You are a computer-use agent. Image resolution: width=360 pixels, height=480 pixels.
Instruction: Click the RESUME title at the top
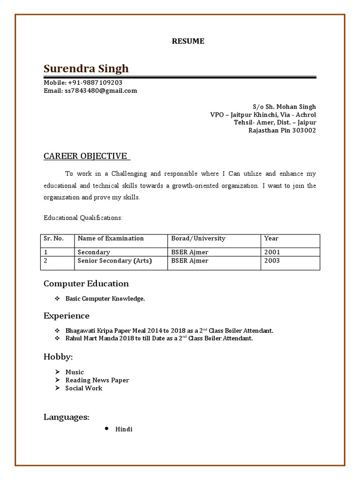(188, 41)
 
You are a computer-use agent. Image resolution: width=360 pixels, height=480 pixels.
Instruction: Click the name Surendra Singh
(86, 69)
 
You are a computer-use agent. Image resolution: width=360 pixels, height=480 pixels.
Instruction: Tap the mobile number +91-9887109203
(95, 82)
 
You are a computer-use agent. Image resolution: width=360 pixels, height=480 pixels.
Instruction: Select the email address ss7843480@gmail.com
(101, 90)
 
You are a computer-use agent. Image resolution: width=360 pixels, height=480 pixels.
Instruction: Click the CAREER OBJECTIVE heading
(86, 156)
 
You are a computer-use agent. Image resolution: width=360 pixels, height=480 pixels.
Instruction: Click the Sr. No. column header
(53, 238)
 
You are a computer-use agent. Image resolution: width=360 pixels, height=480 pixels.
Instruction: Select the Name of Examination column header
(111, 238)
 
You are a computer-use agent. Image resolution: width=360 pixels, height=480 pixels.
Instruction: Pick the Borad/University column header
(198, 238)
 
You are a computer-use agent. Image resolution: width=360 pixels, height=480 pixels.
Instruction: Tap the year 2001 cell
(272, 252)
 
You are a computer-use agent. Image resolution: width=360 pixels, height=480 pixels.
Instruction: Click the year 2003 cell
(272, 261)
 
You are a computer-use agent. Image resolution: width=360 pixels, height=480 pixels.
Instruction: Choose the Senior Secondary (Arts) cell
(115, 261)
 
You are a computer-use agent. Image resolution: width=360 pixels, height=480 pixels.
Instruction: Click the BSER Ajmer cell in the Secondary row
(190, 252)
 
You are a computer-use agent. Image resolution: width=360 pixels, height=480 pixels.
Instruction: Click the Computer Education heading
(86, 284)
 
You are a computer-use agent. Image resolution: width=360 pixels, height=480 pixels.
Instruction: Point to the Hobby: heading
(58, 357)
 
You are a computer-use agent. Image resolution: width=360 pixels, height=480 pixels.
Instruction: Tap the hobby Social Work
(83, 388)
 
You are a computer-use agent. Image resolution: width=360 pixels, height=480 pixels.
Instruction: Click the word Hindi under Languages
(124, 429)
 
